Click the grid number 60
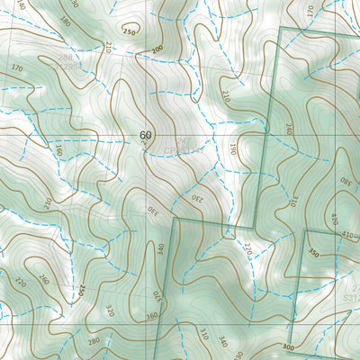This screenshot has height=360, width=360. (x=146, y=135)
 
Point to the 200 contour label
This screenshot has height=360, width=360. (x=157, y=49)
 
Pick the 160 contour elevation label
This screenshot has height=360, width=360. (x=59, y=149)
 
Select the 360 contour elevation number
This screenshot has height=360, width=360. (x=151, y=316)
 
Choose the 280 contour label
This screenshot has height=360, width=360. (x=93, y=341)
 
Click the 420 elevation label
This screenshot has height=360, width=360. (x=334, y=220)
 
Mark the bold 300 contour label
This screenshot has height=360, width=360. (x=287, y=346)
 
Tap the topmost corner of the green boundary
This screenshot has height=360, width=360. (x=282, y=29)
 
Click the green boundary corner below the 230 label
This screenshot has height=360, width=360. (x=174, y=219)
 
